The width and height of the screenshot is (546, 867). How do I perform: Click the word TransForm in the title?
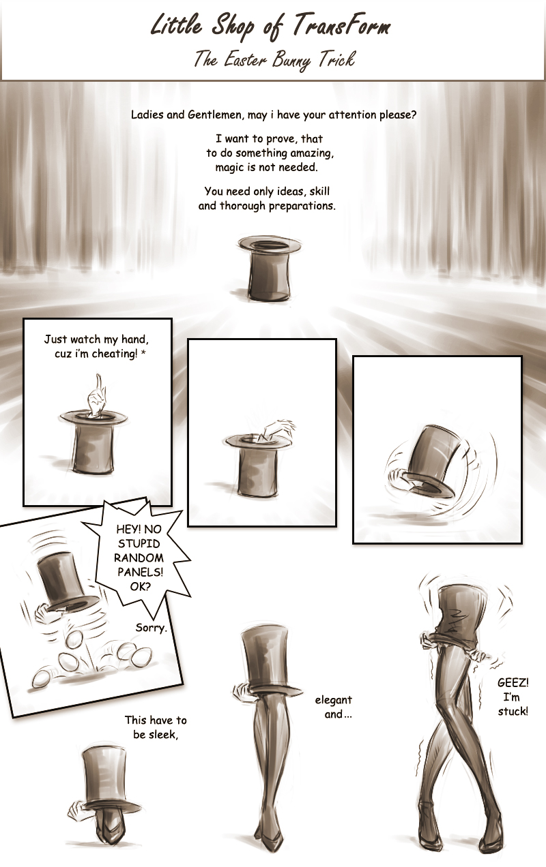pyautogui.click(x=341, y=27)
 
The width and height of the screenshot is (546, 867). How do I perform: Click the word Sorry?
pyautogui.click(x=151, y=627)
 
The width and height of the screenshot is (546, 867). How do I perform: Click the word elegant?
pyautogui.click(x=333, y=700)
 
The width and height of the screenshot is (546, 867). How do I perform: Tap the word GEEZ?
pyautogui.click(x=513, y=682)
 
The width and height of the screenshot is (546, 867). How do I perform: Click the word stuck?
pyautogui.click(x=513, y=711)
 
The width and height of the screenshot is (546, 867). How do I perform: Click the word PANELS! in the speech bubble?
pyautogui.click(x=141, y=572)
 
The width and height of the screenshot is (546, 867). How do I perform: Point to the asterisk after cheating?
pyautogui.click(x=143, y=352)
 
